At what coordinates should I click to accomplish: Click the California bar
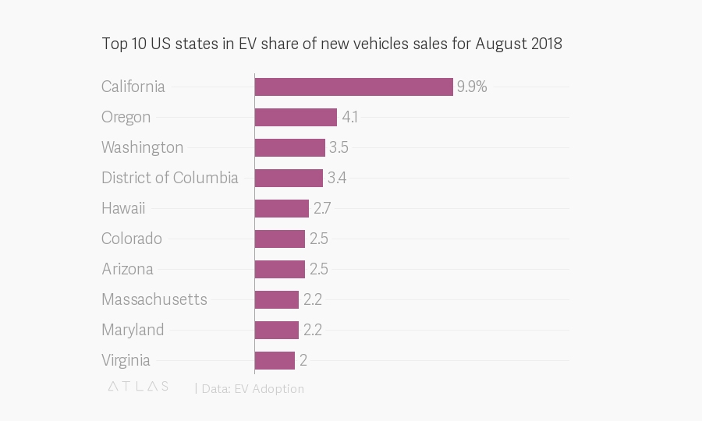353,87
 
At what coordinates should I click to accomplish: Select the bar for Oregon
296,117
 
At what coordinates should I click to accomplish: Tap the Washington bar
289,147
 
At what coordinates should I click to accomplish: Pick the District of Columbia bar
289,178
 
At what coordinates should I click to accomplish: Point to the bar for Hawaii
282,208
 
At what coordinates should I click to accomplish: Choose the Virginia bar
275,361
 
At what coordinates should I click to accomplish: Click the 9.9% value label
472,87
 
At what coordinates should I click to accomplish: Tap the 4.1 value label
349,117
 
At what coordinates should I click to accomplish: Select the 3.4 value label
337,178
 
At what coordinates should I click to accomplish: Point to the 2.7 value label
322,208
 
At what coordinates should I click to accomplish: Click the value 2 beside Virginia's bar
303,361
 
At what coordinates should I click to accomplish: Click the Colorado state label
132,239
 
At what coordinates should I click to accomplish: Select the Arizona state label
128,269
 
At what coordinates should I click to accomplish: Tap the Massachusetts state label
154,299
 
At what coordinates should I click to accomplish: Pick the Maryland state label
133,331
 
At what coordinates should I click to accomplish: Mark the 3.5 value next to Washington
339,147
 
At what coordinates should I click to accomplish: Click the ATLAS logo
138,387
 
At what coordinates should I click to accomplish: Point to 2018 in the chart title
546,44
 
